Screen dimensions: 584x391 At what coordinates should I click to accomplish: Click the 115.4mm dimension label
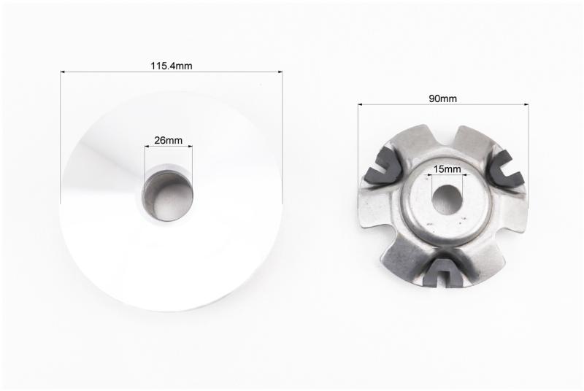pyautogui.click(x=172, y=66)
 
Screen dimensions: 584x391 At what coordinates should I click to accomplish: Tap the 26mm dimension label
pyautogui.click(x=169, y=140)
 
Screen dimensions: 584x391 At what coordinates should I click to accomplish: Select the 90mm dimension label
pyautogui.click(x=443, y=98)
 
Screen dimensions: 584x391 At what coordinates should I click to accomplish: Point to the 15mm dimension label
pyautogui.click(x=447, y=169)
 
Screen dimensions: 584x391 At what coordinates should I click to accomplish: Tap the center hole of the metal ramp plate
pyautogui.click(x=447, y=200)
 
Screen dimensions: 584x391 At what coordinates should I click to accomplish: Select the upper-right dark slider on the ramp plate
pyautogui.click(x=507, y=168)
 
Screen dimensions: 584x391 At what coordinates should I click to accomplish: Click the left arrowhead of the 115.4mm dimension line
pyautogui.click(x=63, y=71)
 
